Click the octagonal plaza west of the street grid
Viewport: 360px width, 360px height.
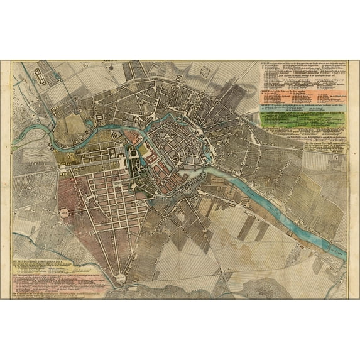65,214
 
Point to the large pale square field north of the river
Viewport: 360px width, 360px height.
77,124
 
